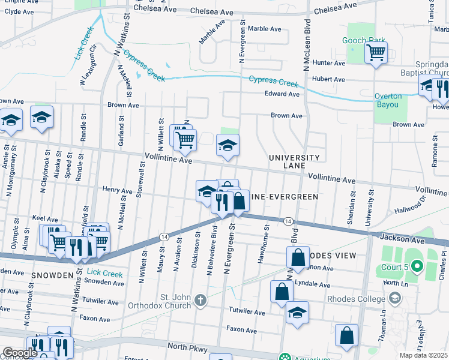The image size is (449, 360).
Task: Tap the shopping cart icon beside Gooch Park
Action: [x=376, y=53]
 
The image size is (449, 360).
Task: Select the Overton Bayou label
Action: [x=387, y=100]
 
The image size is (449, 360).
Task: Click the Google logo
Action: [x=20, y=352]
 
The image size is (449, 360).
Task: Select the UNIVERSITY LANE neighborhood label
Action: [x=294, y=161]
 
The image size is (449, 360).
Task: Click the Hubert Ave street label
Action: [x=328, y=79]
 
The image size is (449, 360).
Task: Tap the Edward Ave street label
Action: [x=282, y=94]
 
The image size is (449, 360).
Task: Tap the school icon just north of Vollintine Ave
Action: [x=228, y=145]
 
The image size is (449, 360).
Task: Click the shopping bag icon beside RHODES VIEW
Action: [x=298, y=258]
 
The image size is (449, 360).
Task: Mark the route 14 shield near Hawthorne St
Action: [x=289, y=221]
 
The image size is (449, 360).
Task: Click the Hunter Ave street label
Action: [x=329, y=63]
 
